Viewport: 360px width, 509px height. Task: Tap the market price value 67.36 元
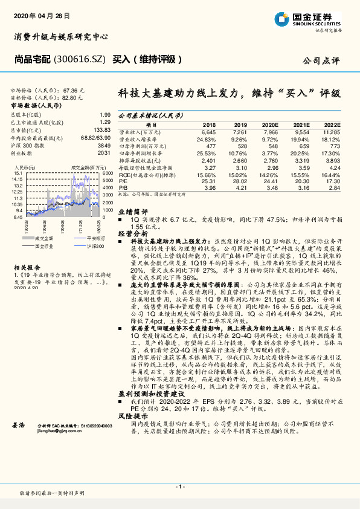point(72,89)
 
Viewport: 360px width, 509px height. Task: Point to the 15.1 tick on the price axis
point(18,172)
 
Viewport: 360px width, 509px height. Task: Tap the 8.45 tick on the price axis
point(18,216)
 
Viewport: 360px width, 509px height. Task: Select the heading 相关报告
point(26,267)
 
